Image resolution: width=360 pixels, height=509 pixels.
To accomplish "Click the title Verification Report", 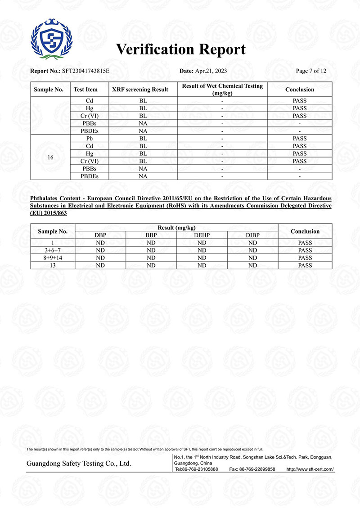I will (x=181, y=50).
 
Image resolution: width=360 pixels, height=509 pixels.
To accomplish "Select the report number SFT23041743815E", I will (x=85, y=71).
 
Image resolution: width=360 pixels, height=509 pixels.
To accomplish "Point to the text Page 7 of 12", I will (x=311, y=71).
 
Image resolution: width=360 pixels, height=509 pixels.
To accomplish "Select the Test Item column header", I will (x=85, y=90).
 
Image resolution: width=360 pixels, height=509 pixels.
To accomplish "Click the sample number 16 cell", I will (x=50, y=158).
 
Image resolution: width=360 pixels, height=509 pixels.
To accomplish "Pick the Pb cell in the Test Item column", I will (x=90, y=139).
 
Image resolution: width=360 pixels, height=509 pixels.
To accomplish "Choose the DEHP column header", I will (x=202, y=235).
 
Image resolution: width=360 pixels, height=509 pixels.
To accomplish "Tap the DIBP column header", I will (x=253, y=235).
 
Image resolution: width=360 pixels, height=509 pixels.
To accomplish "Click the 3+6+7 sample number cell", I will (x=53, y=250).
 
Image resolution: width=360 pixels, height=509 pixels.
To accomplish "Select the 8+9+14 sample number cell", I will (x=53, y=258).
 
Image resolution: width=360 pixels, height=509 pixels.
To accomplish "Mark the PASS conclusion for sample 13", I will (x=305, y=266).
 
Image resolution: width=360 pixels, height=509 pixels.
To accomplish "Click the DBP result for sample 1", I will (x=100, y=243).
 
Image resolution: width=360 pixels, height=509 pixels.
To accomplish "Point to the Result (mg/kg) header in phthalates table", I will (x=177, y=228).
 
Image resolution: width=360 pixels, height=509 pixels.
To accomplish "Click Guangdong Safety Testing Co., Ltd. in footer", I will (x=79, y=464).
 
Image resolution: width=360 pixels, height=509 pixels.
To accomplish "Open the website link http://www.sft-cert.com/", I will (x=310, y=469).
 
